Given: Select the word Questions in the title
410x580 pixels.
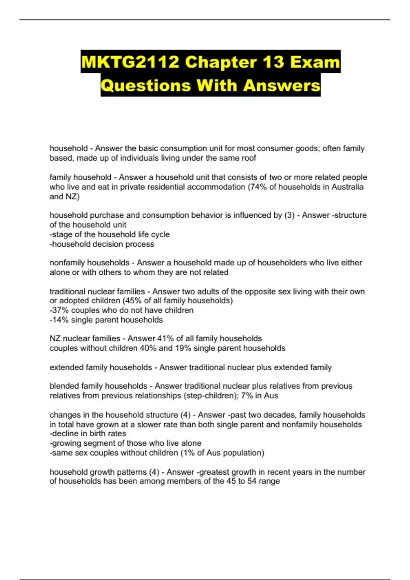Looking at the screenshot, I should tap(146, 85).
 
